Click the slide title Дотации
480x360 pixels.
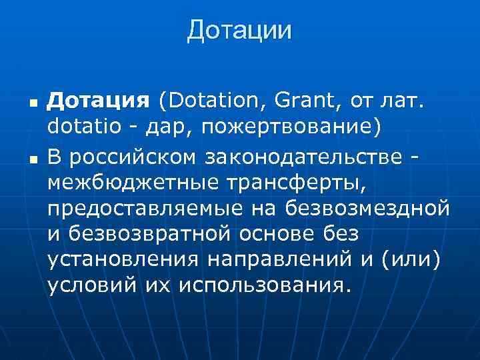[x=239, y=30]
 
